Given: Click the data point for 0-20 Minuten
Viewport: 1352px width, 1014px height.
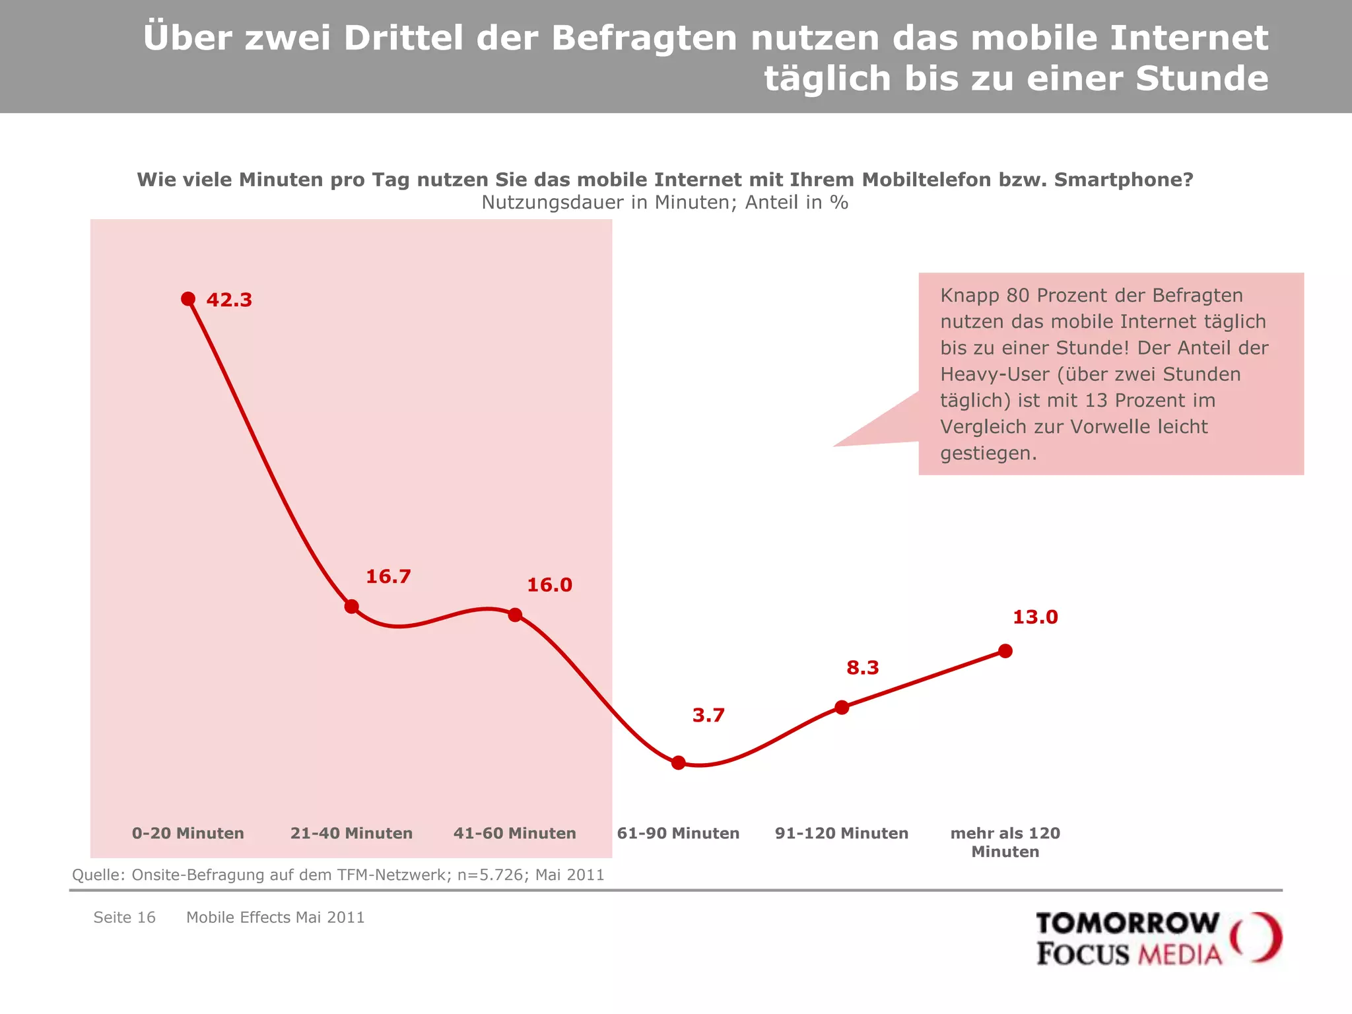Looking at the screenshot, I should [x=188, y=299].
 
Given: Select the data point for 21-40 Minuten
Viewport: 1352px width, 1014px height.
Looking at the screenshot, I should [x=352, y=606].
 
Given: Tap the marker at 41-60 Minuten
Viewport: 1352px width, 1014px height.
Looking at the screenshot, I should [x=515, y=615].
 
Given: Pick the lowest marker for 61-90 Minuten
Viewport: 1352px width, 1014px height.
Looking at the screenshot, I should [x=679, y=762].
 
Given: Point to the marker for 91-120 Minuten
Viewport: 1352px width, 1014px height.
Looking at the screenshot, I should [x=842, y=707].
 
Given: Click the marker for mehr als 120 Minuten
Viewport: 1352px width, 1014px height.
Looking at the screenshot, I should [x=1005, y=651].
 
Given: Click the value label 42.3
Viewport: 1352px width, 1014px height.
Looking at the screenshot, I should [x=229, y=300].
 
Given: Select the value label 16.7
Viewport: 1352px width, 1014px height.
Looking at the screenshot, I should [x=388, y=577].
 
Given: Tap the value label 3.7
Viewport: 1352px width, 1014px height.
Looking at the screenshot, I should [x=708, y=716].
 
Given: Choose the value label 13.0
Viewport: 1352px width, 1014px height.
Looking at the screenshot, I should [x=1035, y=618].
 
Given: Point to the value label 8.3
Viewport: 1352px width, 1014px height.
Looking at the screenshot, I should [x=863, y=668].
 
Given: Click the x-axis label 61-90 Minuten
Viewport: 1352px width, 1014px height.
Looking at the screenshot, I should [x=678, y=833].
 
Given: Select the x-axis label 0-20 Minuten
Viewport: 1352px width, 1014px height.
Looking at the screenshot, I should [x=188, y=833].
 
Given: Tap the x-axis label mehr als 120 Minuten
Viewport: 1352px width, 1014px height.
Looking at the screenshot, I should [x=1005, y=842].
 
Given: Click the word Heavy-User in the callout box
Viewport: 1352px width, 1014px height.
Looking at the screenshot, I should [x=994, y=374].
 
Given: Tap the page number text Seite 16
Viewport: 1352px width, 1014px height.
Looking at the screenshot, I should [x=124, y=918].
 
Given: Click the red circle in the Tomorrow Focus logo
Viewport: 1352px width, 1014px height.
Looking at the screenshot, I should [x=1257, y=937].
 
